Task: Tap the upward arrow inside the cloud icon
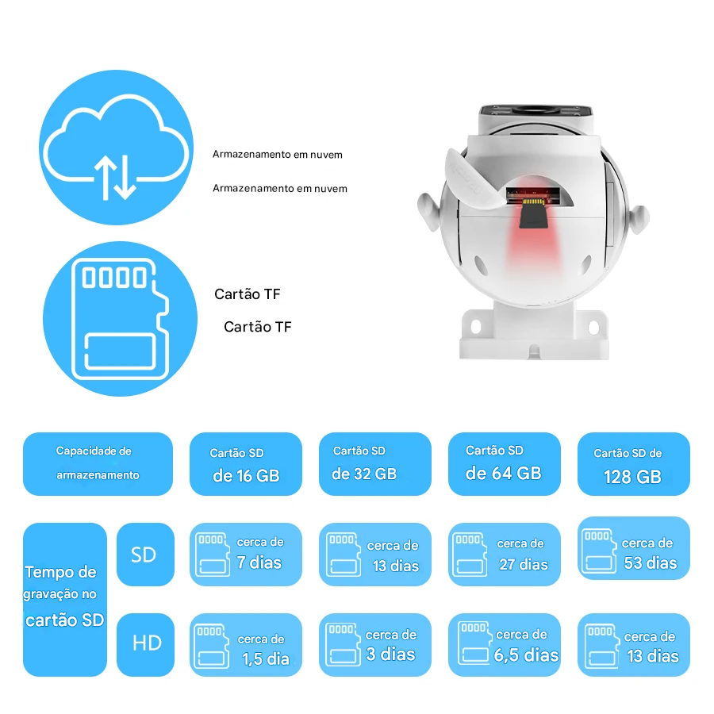click(x=106, y=178)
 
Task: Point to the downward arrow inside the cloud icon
click(x=126, y=178)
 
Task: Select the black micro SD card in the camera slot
click(x=533, y=213)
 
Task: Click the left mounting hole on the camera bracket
click(x=476, y=326)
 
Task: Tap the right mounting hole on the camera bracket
click(x=593, y=327)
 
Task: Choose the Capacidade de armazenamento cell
click(x=98, y=463)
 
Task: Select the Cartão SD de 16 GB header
click(x=246, y=463)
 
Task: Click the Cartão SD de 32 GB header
click(x=375, y=463)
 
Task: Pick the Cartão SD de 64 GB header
click(x=505, y=463)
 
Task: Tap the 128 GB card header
click(x=634, y=463)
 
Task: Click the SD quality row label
click(x=145, y=555)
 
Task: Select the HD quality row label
click(x=145, y=644)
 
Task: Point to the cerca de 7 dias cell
click(x=246, y=555)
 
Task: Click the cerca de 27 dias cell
click(x=505, y=555)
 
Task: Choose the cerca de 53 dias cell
click(x=634, y=547)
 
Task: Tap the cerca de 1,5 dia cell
click(x=246, y=644)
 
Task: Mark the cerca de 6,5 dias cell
click(x=505, y=644)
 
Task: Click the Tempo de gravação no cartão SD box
click(x=65, y=599)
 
